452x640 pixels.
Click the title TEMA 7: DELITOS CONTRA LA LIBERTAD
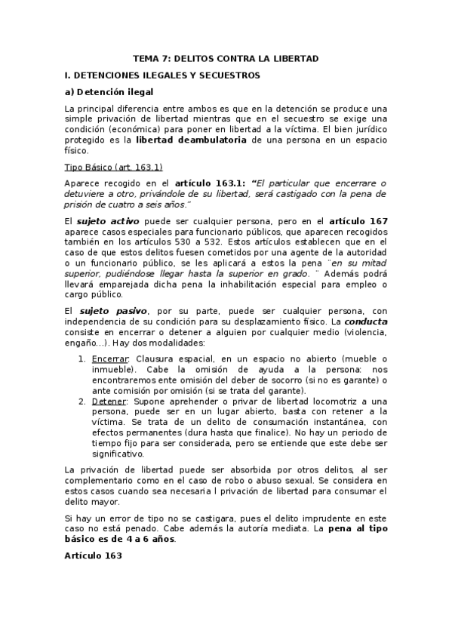tap(226, 58)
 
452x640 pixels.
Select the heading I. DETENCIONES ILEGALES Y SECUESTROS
tap(163, 75)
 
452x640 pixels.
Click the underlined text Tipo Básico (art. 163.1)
tap(114, 166)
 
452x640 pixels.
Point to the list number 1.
tap(82, 358)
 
